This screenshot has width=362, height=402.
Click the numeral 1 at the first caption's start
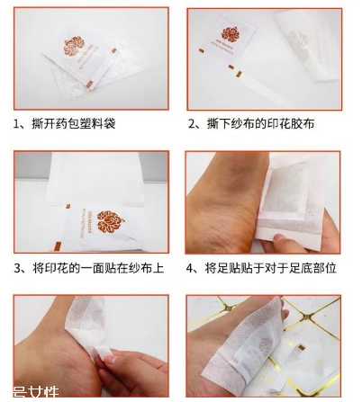click(x=19, y=122)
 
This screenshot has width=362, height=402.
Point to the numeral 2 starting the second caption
click(x=193, y=122)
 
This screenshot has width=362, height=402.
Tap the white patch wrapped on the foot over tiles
click(x=261, y=346)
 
